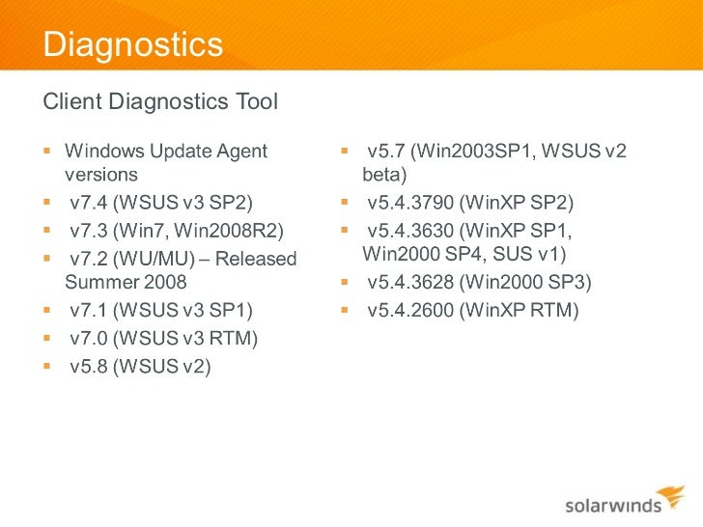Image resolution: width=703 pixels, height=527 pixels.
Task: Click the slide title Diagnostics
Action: (133, 44)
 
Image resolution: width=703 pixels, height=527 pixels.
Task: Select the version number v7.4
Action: (90, 203)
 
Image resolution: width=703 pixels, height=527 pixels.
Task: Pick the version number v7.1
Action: (90, 311)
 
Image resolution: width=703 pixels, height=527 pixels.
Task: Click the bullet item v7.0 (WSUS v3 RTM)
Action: (164, 338)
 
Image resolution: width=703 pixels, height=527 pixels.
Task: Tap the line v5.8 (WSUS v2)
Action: (140, 365)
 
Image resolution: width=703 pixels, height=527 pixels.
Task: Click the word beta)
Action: (384, 176)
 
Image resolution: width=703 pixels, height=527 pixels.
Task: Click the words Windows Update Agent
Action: (166, 151)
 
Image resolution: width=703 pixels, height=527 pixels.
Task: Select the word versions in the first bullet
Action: (101, 176)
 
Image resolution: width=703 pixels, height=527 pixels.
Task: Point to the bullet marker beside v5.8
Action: (46, 366)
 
